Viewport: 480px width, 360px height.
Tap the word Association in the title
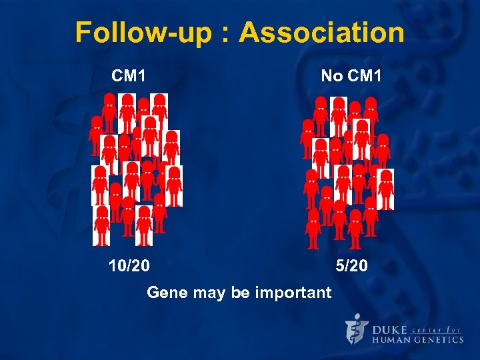tap(321, 32)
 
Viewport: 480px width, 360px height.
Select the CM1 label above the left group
tap(129, 76)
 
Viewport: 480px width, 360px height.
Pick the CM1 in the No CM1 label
tap(364, 76)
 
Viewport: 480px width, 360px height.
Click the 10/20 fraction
tap(129, 267)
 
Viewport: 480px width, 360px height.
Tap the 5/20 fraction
tap(351, 267)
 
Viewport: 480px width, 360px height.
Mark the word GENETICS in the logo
tap(441, 340)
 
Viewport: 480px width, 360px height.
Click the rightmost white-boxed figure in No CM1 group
tap(386, 189)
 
